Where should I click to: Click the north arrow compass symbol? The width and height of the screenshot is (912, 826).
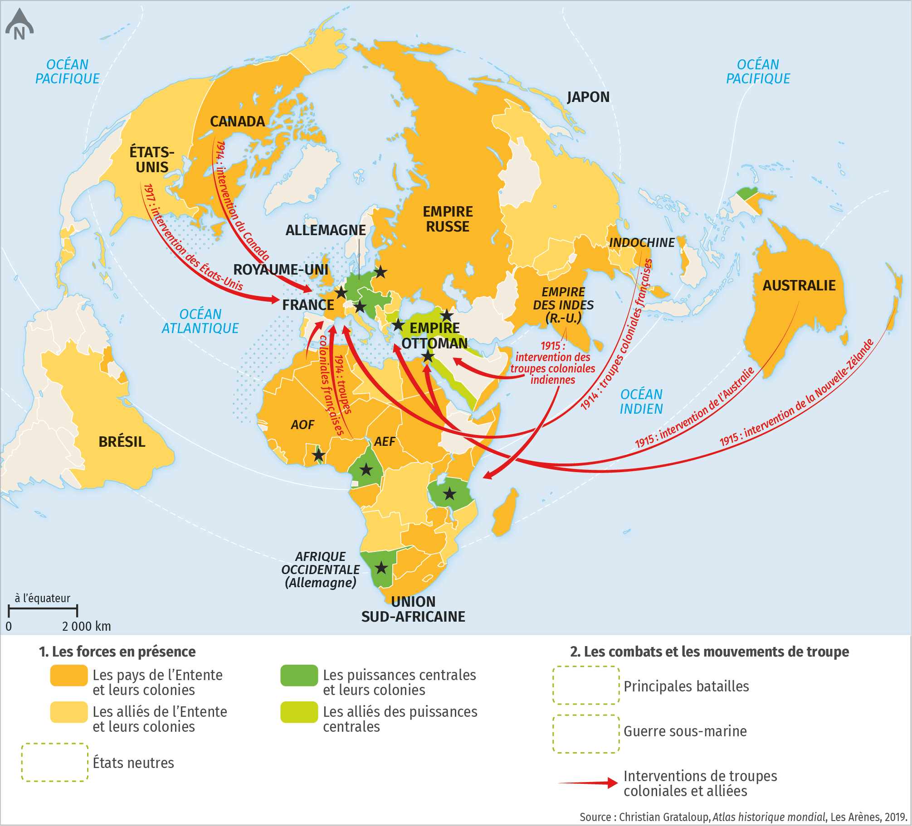click(19, 25)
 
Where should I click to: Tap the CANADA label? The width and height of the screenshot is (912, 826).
click(237, 121)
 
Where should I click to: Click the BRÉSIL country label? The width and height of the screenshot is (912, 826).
click(122, 442)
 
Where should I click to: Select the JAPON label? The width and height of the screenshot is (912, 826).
click(588, 97)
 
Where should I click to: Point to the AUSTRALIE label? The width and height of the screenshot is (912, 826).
click(799, 285)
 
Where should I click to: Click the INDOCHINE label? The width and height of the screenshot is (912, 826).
click(641, 243)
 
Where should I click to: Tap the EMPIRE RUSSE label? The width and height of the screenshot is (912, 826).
click(448, 219)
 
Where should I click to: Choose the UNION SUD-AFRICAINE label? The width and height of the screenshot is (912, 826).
click(413, 609)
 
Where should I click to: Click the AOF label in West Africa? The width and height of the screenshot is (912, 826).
click(302, 425)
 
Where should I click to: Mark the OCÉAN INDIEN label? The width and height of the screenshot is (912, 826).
click(641, 402)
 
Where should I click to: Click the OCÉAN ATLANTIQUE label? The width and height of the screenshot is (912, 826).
click(200, 321)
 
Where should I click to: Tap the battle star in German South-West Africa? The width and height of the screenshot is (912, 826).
click(381, 568)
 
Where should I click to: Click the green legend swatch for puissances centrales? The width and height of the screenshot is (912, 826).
click(299, 676)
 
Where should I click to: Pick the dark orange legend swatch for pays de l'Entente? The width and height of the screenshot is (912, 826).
click(68, 676)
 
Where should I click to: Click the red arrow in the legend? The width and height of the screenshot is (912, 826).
click(588, 783)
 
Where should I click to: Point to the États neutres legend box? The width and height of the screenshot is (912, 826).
click(54, 763)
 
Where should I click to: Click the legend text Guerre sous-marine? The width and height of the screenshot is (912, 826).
click(685, 731)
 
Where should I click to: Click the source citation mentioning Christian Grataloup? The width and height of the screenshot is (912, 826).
click(743, 817)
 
